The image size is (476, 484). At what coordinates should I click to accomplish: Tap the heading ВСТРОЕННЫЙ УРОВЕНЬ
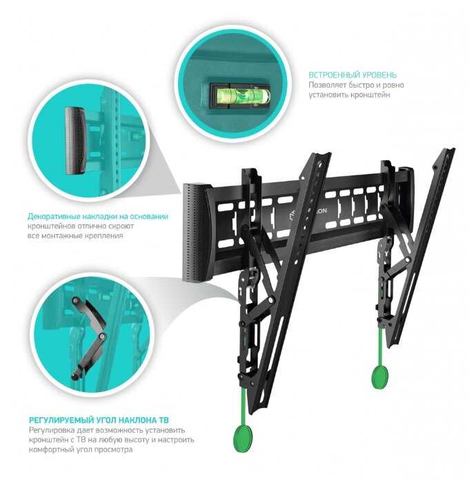pyautogui.click(x=353, y=75)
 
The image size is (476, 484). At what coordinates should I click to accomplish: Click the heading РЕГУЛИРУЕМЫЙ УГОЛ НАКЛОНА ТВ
pyautogui.click(x=99, y=420)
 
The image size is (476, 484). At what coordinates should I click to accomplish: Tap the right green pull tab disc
pyautogui.click(x=380, y=377)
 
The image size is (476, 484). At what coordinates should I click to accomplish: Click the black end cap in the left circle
pyautogui.click(x=75, y=141)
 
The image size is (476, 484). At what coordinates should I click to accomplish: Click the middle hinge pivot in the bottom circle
pyautogui.click(x=101, y=336)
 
